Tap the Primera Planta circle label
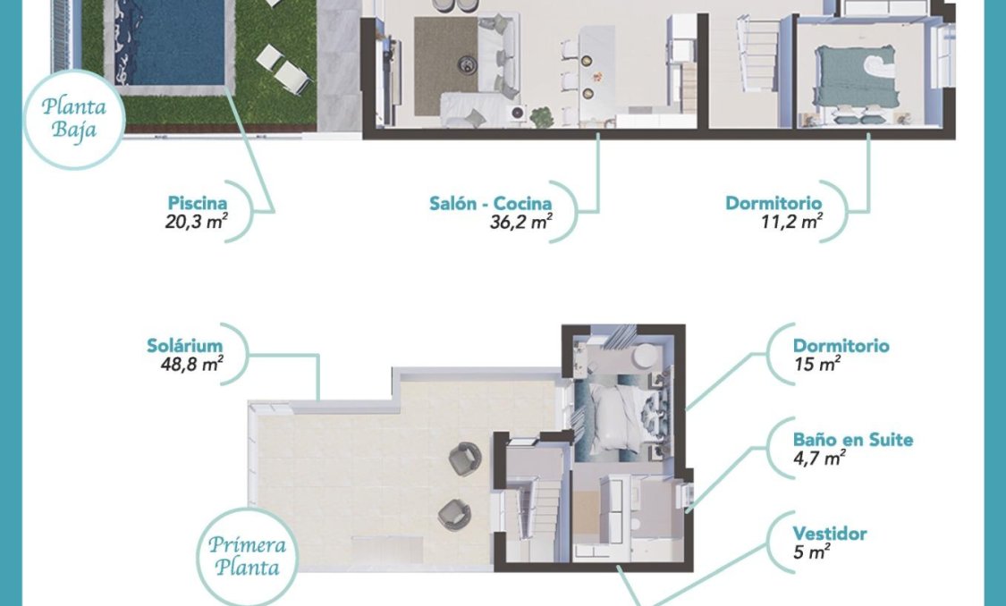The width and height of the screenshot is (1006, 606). pyautogui.click(x=245, y=555)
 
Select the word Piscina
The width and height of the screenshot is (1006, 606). pyautogui.click(x=197, y=203)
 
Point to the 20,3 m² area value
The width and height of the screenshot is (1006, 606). pyautogui.click(x=194, y=222)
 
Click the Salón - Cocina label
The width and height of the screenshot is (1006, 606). pyautogui.click(x=490, y=203)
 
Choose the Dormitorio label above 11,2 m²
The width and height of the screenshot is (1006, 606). pyautogui.click(x=774, y=203)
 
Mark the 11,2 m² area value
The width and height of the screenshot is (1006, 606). pyautogui.click(x=787, y=222)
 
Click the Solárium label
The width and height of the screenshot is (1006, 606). pyautogui.click(x=184, y=346)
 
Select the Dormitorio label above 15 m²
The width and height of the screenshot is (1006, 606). pyautogui.click(x=841, y=346)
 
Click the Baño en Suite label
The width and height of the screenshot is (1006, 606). pyautogui.click(x=853, y=440)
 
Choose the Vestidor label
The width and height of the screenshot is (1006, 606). pyautogui.click(x=830, y=534)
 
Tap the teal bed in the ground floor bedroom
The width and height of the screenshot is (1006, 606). pyautogui.click(x=848, y=72)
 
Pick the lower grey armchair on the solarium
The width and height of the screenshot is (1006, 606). pyautogui.click(x=453, y=513)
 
